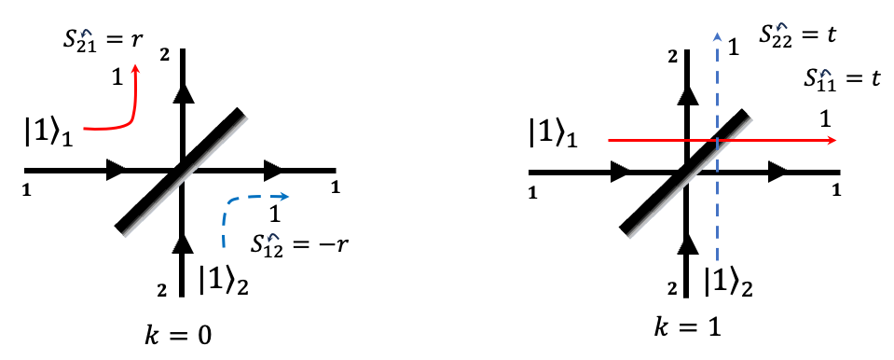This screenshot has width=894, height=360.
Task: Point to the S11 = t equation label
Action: point(843,80)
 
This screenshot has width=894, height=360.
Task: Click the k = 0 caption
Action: point(179,333)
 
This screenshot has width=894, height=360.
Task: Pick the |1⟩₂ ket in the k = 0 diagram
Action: point(227,278)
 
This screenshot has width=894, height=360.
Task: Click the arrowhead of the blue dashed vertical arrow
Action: point(716,37)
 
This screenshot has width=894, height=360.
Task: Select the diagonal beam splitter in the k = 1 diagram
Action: point(685,171)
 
